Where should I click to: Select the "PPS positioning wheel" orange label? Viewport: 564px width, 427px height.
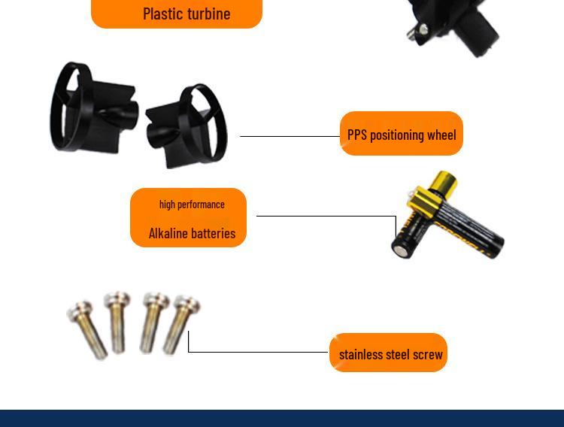point(401,134)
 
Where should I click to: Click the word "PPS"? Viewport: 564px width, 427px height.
point(356,135)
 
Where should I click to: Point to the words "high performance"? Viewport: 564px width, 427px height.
point(192,204)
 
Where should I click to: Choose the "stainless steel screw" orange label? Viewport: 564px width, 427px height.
point(388,353)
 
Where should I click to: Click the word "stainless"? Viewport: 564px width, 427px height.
point(361,355)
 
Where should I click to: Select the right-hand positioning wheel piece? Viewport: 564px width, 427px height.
point(187,126)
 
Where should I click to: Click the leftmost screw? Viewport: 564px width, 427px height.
point(87,329)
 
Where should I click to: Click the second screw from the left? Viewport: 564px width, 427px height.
point(117,323)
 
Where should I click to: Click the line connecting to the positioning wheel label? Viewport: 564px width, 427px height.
point(290,136)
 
